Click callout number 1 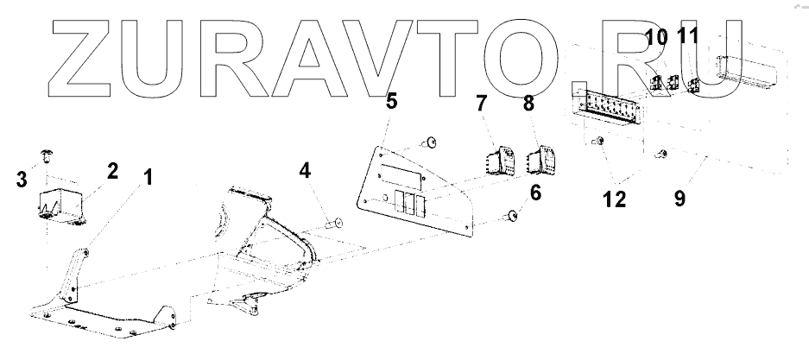pos(149,179)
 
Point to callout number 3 pos(22,180)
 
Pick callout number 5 pos(391,102)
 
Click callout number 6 pos(536,194)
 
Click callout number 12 pos(615,199)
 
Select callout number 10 pos(656,38)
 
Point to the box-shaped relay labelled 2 pos(60,204)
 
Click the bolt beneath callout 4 pos(332,224)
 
